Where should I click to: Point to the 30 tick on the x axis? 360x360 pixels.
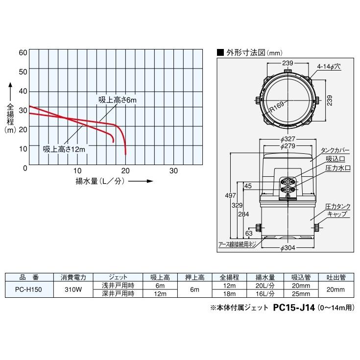[173, 171]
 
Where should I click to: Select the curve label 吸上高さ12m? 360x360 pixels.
[64, 149]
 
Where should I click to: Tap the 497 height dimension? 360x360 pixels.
[227, 195]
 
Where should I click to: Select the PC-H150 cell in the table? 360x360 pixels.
[28, 289]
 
